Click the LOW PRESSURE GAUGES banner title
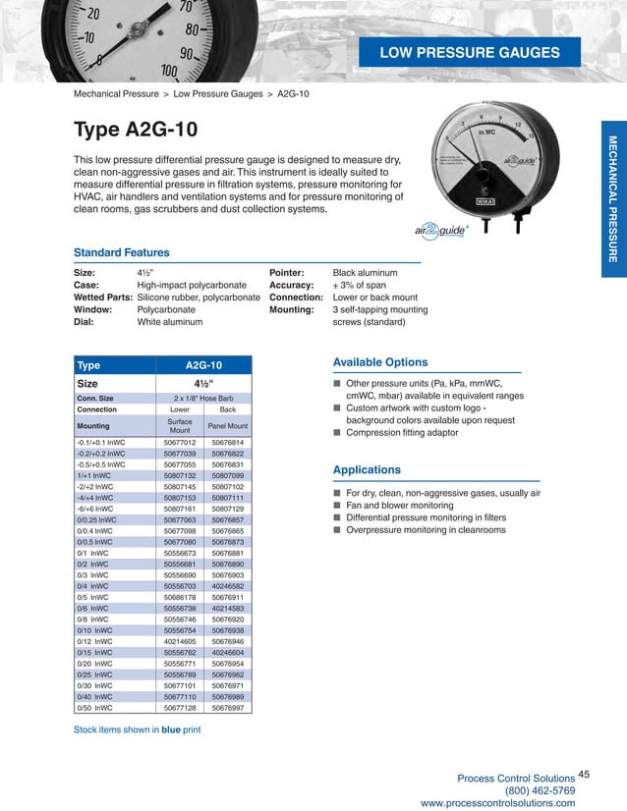(470, 52)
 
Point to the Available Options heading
(380, 361)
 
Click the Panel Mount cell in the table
(227, 426)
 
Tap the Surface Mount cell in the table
(180, 426)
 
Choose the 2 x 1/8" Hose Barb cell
(203, 398)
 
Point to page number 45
(586, 776)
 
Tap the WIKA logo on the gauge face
(512, 200)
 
